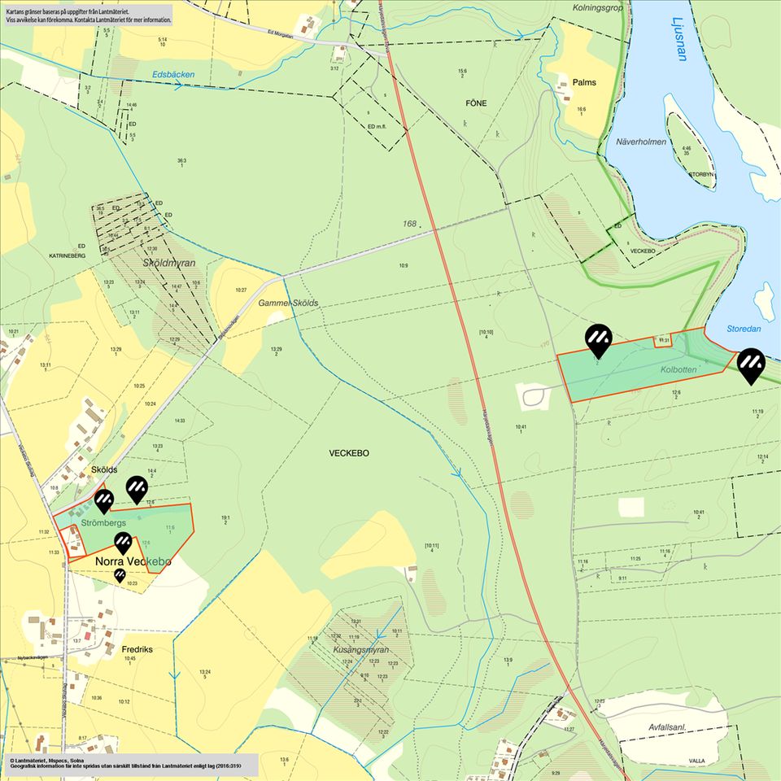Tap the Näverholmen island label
[641, 142]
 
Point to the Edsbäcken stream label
[173, 74]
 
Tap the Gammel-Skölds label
[289, 303]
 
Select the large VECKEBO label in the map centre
[349, 453]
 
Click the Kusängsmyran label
[362, 650]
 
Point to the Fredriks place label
[137, 650]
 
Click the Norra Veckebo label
[133, 561]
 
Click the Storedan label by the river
[744, 329]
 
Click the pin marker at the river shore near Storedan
[751, 364]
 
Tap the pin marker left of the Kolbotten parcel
[599, 339]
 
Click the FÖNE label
[475, 104]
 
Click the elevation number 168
[409, 223]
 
